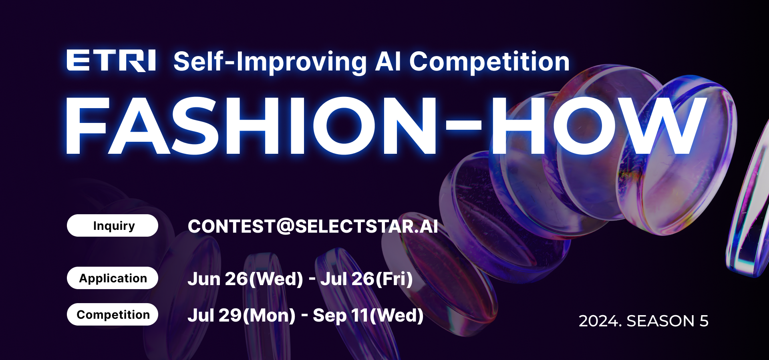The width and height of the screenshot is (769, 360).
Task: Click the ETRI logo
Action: click(111, 60)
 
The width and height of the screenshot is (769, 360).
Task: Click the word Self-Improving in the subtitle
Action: click(270, 62)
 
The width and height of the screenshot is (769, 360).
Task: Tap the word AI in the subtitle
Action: click(387, 62)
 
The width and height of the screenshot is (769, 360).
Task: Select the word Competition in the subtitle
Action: click(489, 62)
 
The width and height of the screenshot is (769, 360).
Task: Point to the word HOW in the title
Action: click(598, 126)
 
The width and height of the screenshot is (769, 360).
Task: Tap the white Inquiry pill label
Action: click(113, 225)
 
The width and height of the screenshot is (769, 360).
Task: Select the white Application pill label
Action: click(113, 278)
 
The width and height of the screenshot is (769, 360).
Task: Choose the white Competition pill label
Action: click(113, 314)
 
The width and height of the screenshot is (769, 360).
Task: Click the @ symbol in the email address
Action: click(286, 226)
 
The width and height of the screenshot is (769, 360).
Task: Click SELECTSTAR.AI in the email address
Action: click(366, 226)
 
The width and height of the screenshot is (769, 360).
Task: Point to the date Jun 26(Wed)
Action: click(245, 279)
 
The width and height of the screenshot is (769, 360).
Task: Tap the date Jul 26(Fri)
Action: click(366, 279)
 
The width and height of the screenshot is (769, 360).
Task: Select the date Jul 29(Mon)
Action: click(242, 316)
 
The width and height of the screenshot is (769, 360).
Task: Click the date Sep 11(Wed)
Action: click(368, 316)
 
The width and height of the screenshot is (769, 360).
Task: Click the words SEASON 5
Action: click(667, 321)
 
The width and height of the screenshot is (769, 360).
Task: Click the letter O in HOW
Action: click(585, 126)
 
